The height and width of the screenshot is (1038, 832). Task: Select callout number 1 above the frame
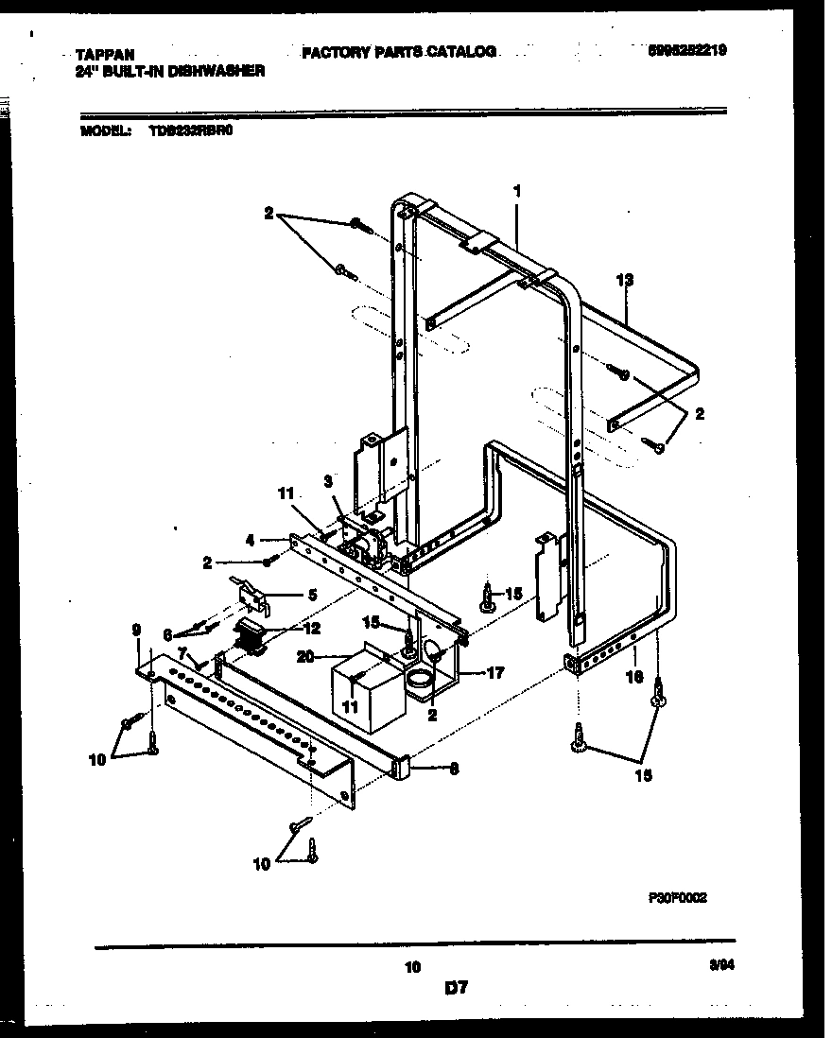(518, 191)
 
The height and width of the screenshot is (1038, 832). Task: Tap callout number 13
(624, 280)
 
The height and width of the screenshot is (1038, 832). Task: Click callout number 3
(327, 481)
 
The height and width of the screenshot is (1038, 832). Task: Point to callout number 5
(313, 595)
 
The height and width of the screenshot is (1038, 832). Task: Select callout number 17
(494, 673)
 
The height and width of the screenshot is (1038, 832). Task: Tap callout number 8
(454, 770)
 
